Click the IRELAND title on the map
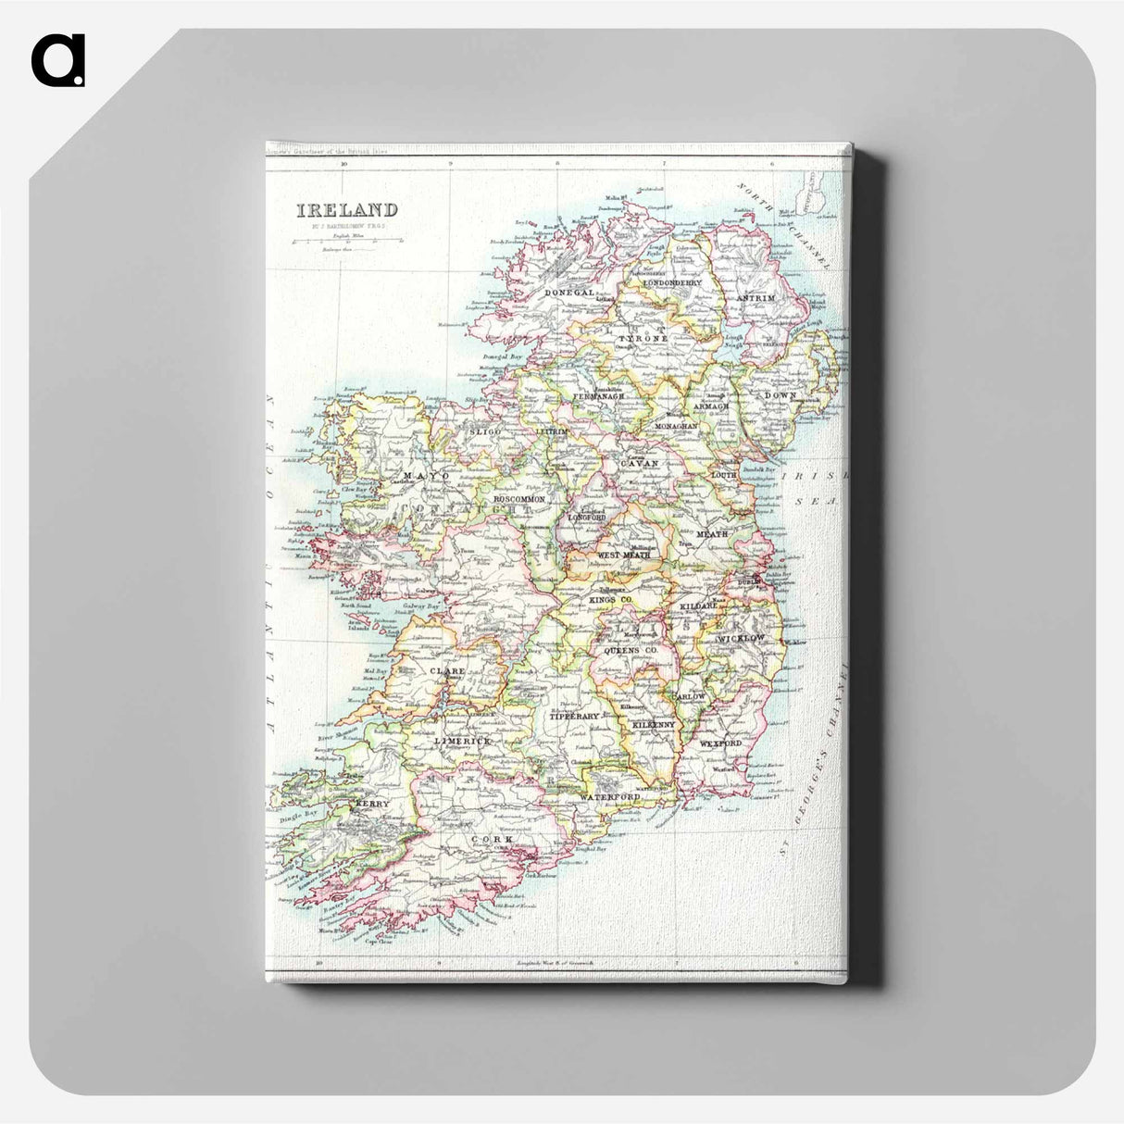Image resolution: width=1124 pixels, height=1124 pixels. click(347, 210)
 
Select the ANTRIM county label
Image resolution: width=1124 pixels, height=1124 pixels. click(755, 298)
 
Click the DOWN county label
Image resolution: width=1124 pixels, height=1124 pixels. click(780, 395)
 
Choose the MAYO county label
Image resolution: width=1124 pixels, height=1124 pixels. click(426, 476)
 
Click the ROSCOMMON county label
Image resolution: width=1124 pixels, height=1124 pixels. click(519, 498)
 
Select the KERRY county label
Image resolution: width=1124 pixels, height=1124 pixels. click(371, 805)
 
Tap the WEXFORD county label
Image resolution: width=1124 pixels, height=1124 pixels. click(721, 743)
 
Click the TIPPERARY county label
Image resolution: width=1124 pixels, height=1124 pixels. click(575, 717)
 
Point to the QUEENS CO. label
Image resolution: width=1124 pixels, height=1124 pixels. click(630, 651)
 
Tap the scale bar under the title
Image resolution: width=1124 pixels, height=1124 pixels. click(347, 240)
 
